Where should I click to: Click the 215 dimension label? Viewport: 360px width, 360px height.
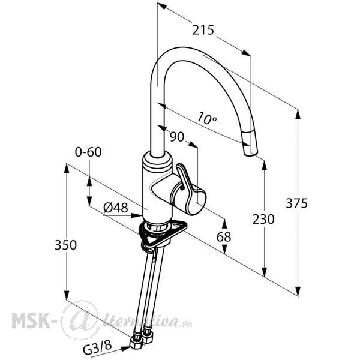(x=203, y=30)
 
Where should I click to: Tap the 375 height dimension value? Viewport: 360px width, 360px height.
(x=296, y=203)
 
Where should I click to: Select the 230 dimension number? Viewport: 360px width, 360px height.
(x=263, y=219)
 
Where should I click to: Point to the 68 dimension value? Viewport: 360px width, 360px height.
(x=224, y=237)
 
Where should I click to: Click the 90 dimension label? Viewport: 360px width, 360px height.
(x=177, y=137)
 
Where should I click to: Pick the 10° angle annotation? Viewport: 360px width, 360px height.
(x=206, y=118)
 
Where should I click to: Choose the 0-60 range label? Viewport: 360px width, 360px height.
(x=88, y=152)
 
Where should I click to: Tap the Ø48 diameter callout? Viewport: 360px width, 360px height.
(x=115, y=208)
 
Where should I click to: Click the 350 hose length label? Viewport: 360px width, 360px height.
(x=65, y=245)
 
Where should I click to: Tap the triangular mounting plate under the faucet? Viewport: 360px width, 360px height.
(x=163, y=234)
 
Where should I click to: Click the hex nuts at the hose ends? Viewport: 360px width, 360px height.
(x=140, y=338)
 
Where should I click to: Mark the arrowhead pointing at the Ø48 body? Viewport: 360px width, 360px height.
(x=137, y=215)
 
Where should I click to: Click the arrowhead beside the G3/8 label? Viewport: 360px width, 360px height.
(x=126, y=349)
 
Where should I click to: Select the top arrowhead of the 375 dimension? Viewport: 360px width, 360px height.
(x=298, y=115)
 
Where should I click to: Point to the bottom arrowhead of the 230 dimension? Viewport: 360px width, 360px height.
(x=265, y=272)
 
